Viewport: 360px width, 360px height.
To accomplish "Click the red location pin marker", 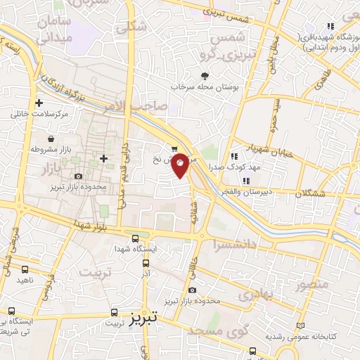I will (x=181, y=165).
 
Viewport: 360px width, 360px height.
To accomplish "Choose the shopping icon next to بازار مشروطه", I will (x=53, y=139).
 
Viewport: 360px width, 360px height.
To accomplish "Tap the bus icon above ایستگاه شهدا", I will (x=134, y=238).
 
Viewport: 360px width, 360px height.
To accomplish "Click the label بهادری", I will (x=254, y=295).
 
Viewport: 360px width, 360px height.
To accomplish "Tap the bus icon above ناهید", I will (x=25, y=269).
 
